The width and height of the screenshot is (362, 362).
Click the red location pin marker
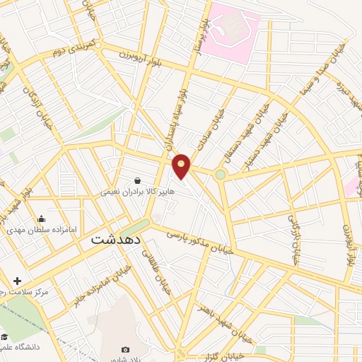point(182,165)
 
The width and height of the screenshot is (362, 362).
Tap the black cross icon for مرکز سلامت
point(17,281)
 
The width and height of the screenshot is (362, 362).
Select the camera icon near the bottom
point(126,349)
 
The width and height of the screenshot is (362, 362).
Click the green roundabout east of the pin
point(221,174)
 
